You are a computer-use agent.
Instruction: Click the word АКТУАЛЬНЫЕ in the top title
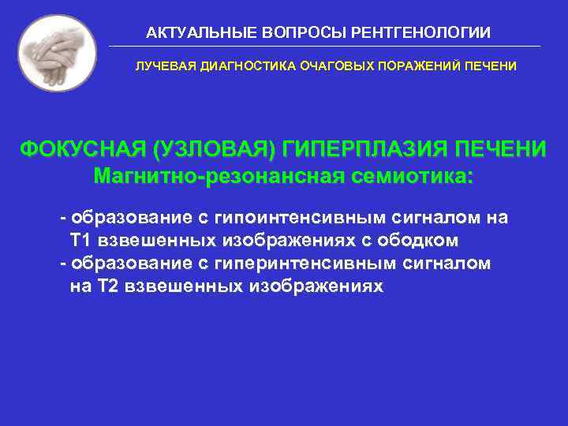tap(192, 33)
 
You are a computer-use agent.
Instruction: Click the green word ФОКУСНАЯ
tap(83, 149)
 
